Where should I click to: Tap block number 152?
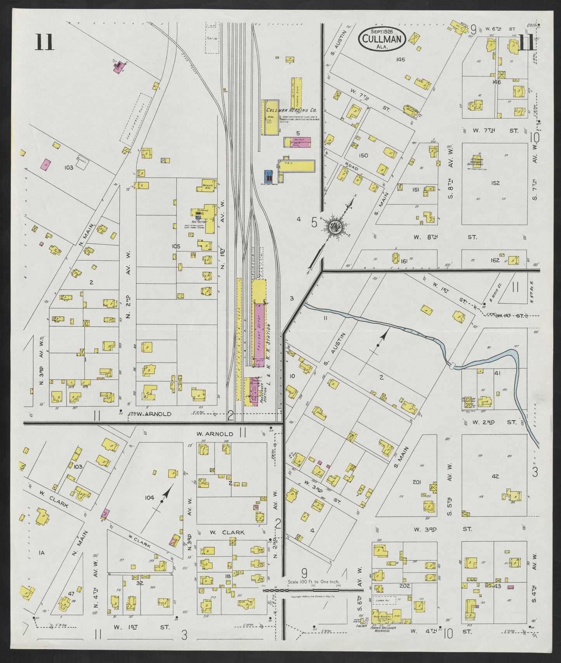[x=495, y=183]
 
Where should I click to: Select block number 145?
[x=401, y=59]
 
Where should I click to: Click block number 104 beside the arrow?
[x=149, y=497]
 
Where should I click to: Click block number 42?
[x=495, y=476]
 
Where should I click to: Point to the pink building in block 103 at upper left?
[x=46, y=164]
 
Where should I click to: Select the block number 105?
[x=176, y=246]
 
